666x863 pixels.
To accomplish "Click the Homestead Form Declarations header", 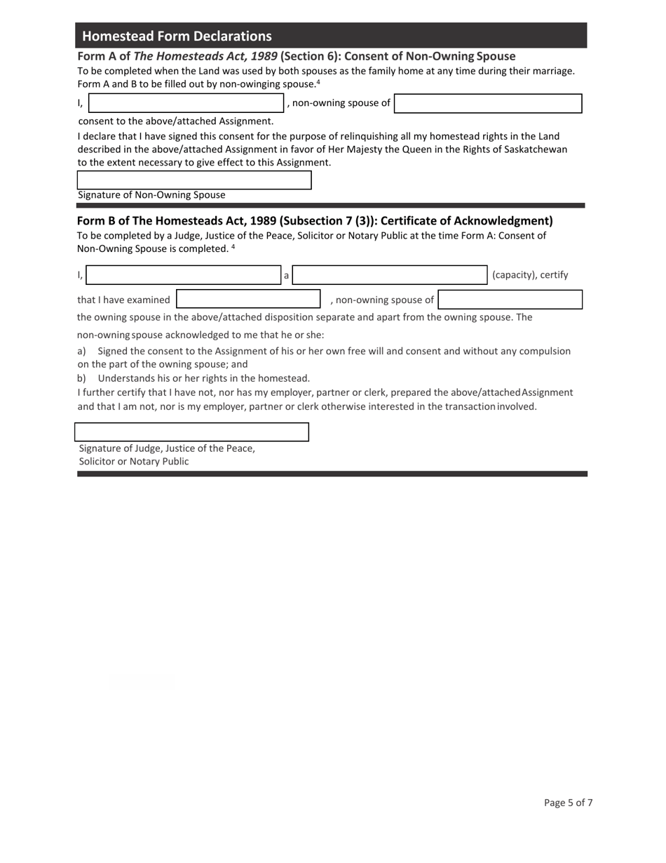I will [x=177, y=36].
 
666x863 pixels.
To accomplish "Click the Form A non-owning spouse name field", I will [x=186, y=103].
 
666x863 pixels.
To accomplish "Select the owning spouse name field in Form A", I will [x=488, y=103].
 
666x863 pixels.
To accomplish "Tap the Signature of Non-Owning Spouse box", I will [x=193, y=180].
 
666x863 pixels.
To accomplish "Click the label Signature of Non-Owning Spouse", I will [x=151, y=195].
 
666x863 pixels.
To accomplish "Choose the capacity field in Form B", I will [x=390, y=275].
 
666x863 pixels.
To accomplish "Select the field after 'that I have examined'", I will [x=248, y=300].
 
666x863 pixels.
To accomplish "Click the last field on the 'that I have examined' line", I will [x=510, y=300].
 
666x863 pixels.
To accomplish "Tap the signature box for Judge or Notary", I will [x=191, y=432].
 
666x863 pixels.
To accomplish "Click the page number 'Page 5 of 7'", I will [x=568, y=803].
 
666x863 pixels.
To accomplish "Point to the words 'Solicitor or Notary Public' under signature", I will [x=134, y=462].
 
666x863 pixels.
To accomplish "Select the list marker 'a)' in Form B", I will [x=81, y=351].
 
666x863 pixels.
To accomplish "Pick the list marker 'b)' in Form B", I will [x=81, y=378].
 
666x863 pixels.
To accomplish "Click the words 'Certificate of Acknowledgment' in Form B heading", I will [x=466, y=221].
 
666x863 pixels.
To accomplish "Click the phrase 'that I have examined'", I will [x=123, y=300].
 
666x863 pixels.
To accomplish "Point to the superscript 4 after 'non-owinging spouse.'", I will [x=318, y=82].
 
